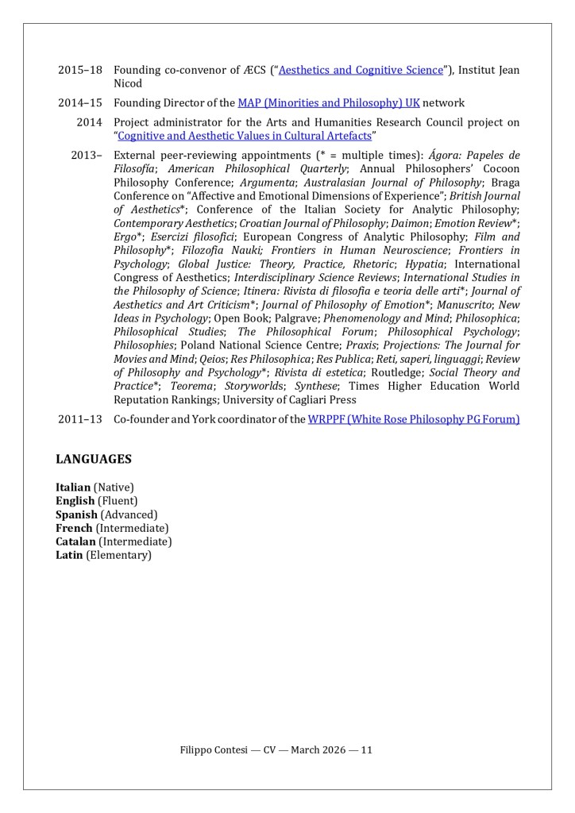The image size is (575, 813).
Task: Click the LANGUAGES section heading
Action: (93, 460)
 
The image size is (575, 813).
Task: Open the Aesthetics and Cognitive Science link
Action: (361, 70)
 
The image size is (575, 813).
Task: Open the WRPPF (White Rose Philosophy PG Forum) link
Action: (413, 419)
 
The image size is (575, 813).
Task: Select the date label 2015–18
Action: (79, 70)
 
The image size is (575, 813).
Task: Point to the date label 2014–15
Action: (79, 103)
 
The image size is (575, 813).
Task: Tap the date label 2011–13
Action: (79, 419)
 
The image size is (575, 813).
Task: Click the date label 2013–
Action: (87, 156)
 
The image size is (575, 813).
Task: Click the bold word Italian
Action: (73, 487)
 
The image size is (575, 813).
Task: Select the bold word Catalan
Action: (75, 541)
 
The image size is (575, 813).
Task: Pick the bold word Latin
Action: (69, 555)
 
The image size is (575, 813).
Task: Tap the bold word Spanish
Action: (76, 514)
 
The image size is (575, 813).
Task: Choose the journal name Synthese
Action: (313, 386)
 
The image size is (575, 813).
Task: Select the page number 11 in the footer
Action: (367, 750)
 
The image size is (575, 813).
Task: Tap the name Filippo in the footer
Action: (196, 750)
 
